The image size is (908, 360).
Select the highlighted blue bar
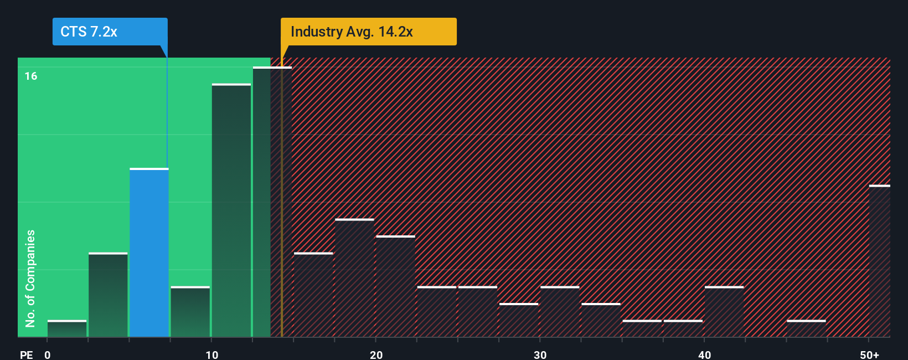pyautogui.click(x=149, y=253)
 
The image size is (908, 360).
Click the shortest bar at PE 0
pyautogui.click(x=67, y=328)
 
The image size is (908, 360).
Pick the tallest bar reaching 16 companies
pyautogui.click(x=272, y=202)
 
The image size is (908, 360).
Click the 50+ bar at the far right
pyautogui.click(x=879, y=261)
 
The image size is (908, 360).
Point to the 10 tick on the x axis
pyautogui.click(x=212, y=354)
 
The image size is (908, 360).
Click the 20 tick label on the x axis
pyautogui.click(x=376, y=354)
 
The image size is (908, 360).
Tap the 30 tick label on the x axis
pyautogui.click(x=540, y=354)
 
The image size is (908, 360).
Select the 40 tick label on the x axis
pyautogui.click(x=704, y=354)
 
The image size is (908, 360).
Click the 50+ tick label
pyautogui.click(x=869, y=354)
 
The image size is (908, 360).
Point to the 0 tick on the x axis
pyautogui.click(x=48, y=354)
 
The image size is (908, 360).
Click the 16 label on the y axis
pyautogui.click(x=31, y=76)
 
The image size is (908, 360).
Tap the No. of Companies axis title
pyautogui.click(x=30, y=278)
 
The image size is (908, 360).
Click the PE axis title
pyautogui.click(x=26, y=354)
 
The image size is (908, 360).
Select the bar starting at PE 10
pyautogui.click(x=231, y=210)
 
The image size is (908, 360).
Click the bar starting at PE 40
pyautogui.click(x=724, y=312)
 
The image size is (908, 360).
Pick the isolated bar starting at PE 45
pyautogui.click(x=806, y=328)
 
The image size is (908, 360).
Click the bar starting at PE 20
pyautogui.click(x=395, y=286)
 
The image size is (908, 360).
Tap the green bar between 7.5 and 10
pyautogui.click(x=190, y=312)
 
